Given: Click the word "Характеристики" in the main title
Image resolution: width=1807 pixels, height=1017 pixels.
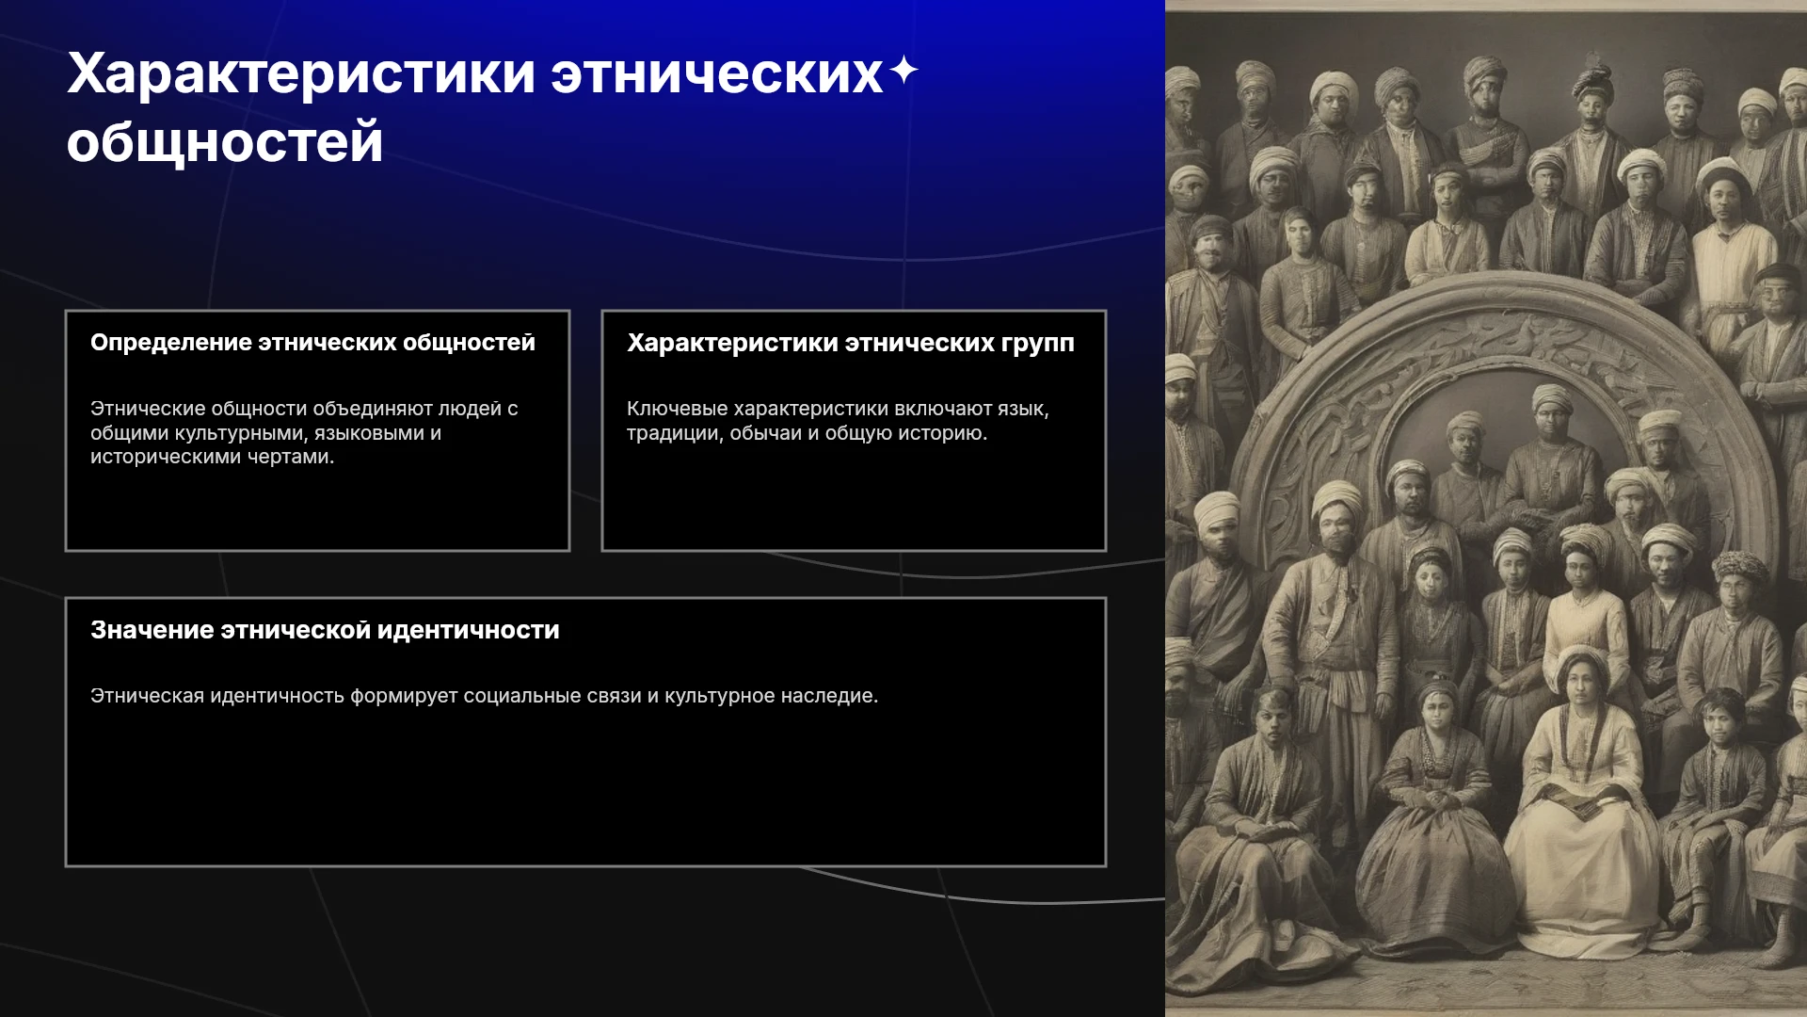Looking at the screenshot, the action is coord(301,75).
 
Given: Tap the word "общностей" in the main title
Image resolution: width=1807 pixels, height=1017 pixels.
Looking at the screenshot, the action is coord(225,143).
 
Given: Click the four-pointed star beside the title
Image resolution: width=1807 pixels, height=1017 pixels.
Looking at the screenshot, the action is coord(903,70).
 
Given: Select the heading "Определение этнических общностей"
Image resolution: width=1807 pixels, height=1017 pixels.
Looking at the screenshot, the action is coord(312,343).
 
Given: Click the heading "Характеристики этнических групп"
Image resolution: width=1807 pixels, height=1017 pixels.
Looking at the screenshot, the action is coord(851,343).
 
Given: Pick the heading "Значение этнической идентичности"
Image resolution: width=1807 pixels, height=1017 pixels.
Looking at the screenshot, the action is coord(325,630).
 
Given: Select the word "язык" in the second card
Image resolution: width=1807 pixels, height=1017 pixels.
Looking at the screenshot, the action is coord(1023,409).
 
